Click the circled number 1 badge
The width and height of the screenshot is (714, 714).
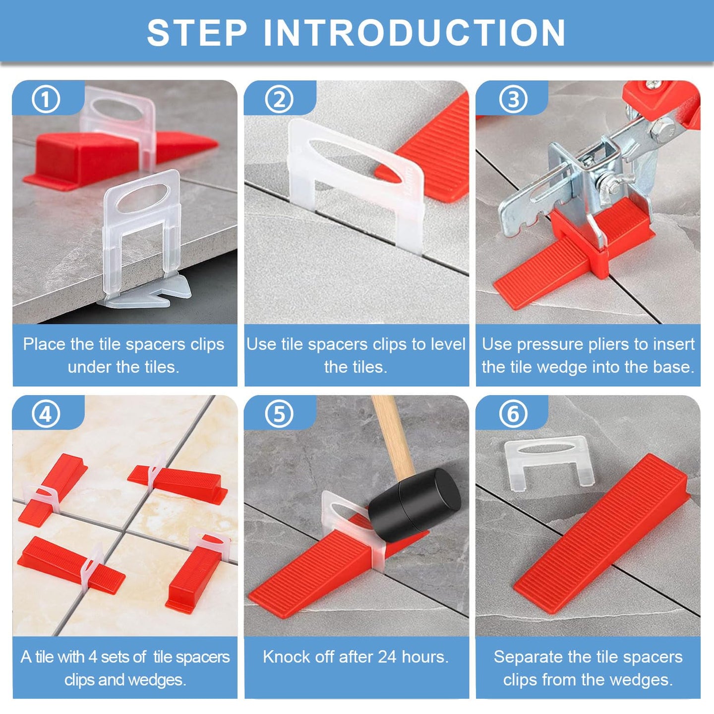46,99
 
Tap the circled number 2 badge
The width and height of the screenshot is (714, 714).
279,99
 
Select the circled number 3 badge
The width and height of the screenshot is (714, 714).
513,99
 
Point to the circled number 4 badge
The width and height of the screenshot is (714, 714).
46,414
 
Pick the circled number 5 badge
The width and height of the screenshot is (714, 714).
279,414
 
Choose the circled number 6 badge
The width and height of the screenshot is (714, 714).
513,414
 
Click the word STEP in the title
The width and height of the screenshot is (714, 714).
197,33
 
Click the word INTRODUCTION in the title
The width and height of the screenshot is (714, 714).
414,33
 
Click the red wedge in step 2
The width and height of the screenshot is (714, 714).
426,148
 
